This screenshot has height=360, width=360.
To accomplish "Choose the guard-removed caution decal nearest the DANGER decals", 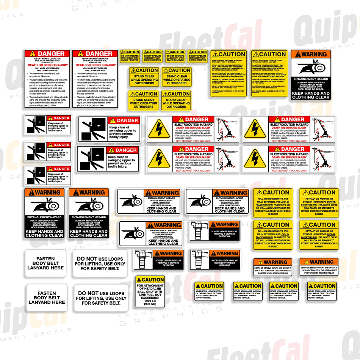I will [130, 56].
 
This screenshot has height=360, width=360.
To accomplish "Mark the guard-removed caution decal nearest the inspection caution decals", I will [197, 56].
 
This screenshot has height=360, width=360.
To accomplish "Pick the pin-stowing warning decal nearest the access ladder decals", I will [272, 267].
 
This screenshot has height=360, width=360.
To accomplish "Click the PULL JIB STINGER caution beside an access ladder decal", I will [273, 235].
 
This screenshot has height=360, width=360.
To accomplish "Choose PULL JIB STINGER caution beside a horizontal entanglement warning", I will [273, 203].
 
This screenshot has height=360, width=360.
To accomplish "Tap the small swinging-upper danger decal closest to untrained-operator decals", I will [48, 124].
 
